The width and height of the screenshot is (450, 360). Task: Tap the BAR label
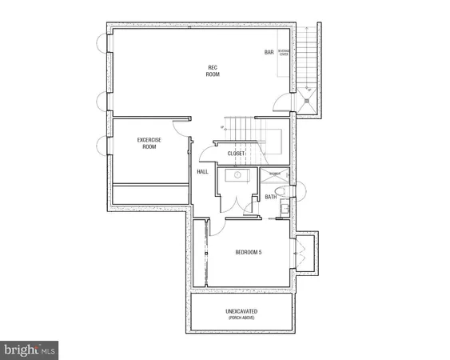pyautogui.click(x=269, y=53)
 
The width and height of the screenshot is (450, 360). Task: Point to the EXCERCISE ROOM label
pyautogui.click(x=149, y=143)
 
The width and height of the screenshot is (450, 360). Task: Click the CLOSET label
pyautogui.click(x=236, y=153)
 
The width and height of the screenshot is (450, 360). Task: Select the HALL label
pyautogui.click(x=202, y=172)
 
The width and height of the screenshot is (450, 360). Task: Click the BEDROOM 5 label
pyautogui.click(x=248, y=253)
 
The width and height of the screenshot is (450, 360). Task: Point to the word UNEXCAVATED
pyautogui.click(x=247, y=310)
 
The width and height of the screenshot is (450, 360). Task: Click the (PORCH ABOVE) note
pyautogui.click(x=247, y=318)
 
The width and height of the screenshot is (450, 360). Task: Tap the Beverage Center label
pyautogui.click(x=284, y=54)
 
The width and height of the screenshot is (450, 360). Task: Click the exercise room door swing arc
pyautogui.click(x=178, y=127)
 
